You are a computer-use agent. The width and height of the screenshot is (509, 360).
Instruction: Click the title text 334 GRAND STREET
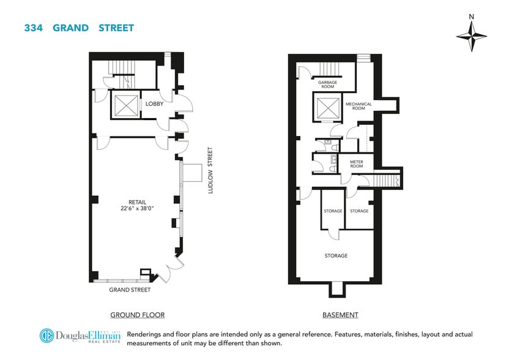point(79,28)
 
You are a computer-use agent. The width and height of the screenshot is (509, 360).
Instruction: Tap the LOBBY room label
point(154,104)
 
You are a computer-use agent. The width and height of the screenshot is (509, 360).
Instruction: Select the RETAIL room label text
point(137,201)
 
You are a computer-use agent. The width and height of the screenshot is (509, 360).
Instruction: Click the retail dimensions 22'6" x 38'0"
point(137,208)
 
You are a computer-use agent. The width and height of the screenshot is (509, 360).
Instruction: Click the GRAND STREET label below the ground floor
point(130,290)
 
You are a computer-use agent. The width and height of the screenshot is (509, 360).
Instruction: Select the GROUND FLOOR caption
point(137,315)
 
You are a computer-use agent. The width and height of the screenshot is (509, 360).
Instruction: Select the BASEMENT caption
point(340,315)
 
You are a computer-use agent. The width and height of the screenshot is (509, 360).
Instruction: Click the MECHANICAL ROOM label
point(359,106)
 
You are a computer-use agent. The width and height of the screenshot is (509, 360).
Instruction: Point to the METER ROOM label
point(356,165)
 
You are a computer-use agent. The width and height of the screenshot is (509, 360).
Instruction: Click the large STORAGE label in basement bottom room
point(336,255)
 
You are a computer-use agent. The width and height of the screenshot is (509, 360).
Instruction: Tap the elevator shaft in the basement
point(325,107)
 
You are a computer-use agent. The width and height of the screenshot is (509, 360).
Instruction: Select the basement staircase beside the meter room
point(385,181)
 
